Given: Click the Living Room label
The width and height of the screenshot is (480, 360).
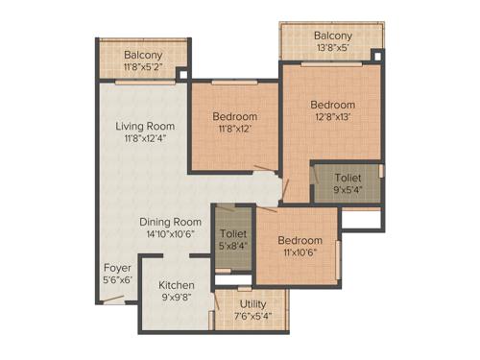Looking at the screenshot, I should [145, 126].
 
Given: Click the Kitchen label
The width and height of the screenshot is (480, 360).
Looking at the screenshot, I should [177, 285].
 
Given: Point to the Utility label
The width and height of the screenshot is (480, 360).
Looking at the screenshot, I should [253, 302].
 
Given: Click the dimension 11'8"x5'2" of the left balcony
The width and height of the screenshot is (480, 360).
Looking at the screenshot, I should [143, 68].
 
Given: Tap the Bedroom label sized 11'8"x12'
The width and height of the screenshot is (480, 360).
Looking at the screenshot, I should [235, 117].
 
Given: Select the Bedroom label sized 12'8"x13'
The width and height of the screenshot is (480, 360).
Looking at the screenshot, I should [332, 105].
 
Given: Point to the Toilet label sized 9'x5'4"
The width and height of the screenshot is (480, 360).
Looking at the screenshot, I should [348, 178].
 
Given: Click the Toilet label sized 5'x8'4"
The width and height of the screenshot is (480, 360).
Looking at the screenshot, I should [232, 233].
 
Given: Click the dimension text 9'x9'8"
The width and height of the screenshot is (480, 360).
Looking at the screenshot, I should [177, 298].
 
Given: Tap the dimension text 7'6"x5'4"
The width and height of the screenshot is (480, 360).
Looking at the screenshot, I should [253, 315].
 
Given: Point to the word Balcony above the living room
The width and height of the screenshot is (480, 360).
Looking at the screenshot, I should [143, 55].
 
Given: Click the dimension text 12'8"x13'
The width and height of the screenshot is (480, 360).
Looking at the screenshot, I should [332, 117].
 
